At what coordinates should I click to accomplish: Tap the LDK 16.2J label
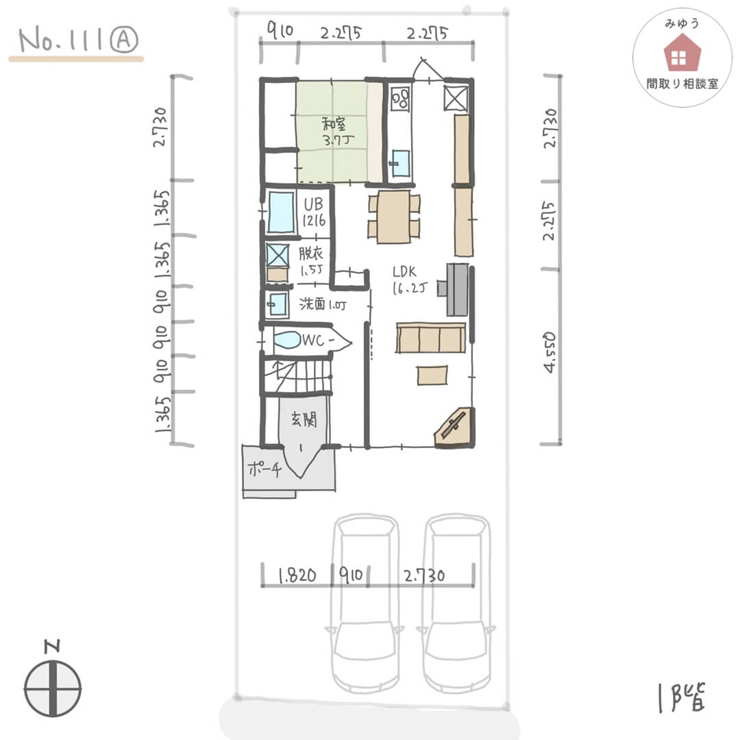coord(409,280)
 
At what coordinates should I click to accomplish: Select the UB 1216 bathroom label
coord(314,212)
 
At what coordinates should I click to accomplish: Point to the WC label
coord(318,340)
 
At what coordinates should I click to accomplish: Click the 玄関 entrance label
coord(304,419)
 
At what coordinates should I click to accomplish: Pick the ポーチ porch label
coord(264,469)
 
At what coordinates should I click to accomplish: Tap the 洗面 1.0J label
coord(323,304)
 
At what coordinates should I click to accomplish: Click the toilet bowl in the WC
coord(287,340)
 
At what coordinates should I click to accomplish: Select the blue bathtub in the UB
coord(282,212)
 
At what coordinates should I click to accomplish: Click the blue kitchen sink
coord(401,163)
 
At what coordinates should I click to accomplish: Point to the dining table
coord(393,217)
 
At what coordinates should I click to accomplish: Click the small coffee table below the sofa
coord(432,375)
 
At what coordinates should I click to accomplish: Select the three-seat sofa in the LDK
coord(431,338)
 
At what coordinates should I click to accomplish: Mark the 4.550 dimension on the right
coord(550,353)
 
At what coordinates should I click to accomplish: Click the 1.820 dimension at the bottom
coord(297,576)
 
